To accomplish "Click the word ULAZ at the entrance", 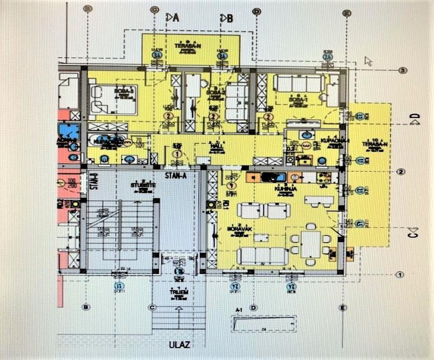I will tap(179, 345).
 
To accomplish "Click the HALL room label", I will tap(214, 146).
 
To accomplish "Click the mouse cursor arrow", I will tap(368, 61).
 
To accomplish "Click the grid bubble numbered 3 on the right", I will tap(402, 70).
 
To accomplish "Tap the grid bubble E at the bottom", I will tap(343, 307).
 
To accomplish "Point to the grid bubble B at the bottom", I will tap(86, 307).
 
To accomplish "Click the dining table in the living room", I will tap(311, 243).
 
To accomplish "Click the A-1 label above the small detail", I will tap(239, 310).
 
